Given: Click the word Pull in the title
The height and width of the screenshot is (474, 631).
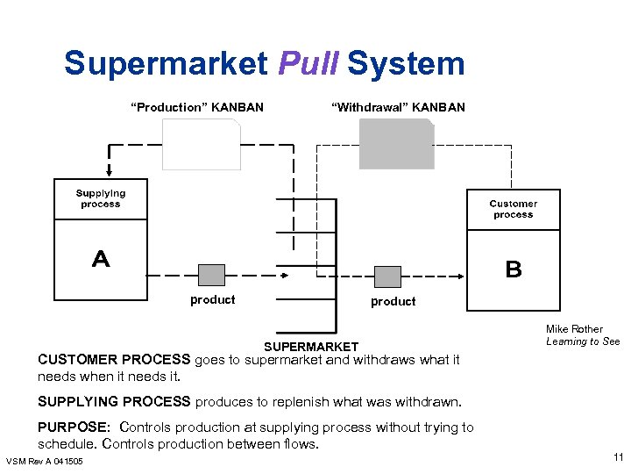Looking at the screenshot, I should coord(308,65).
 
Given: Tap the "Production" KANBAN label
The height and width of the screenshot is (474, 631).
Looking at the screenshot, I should coord(196,107).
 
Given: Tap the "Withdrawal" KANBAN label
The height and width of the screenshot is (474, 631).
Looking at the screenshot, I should coord(398,107).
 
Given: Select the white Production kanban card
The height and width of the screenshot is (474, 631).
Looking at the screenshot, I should coord(201,145).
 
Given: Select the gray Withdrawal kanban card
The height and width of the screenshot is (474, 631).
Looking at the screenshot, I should coord(396,145).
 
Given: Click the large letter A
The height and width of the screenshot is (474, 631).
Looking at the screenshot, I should coord(101,259).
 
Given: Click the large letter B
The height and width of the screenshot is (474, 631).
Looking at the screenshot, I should coord(514,269).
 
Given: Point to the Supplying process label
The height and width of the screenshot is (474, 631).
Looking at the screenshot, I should coord(100,198).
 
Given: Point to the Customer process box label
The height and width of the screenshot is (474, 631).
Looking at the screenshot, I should coord(513,209).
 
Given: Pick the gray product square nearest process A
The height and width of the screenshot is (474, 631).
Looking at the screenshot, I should coord(211,275).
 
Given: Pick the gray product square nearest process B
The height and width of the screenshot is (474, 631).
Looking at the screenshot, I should coord(387,276).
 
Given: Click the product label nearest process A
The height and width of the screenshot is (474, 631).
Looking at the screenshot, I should coord(213,300).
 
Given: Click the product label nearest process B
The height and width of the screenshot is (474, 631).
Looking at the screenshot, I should coord(393,301).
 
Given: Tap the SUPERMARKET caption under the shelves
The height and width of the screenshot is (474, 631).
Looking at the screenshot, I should coord(311,347).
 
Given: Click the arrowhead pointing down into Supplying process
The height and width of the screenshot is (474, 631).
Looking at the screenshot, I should coord(109,172).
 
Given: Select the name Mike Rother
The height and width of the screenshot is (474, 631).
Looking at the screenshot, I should coord(574,329).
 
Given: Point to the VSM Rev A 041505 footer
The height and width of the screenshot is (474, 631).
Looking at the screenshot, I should coord(45,462).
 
